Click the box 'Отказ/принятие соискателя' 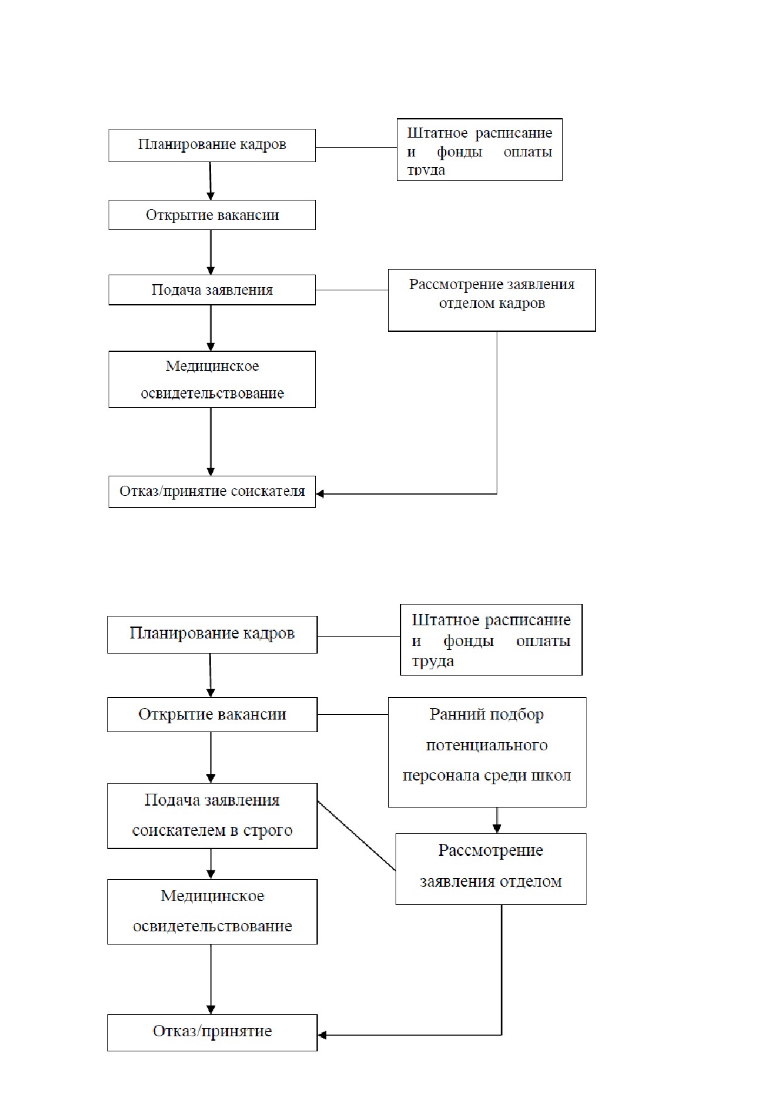pos(212,491)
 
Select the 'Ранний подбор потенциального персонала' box pos(487,752)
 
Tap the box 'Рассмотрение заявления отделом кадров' pos(492,300)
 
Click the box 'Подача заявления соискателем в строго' pos(212,816)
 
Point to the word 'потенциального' pos(487,746)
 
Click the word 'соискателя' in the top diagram pos(268,491)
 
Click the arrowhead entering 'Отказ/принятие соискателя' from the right pos(320,494)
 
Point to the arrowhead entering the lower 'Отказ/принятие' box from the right pos(323,1035)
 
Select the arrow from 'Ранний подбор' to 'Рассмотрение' pos(497,821)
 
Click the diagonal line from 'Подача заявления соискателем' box pos(357,836)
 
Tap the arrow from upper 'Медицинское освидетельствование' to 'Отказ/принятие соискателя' pos(210,442)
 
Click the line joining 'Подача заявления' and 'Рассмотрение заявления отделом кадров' pos(352,290)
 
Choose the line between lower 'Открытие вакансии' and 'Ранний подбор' pos(353,715)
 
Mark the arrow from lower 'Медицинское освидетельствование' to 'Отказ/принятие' pos(211,979)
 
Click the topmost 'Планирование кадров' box pos(212,145)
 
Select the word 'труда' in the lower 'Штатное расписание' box pos(433,661)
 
